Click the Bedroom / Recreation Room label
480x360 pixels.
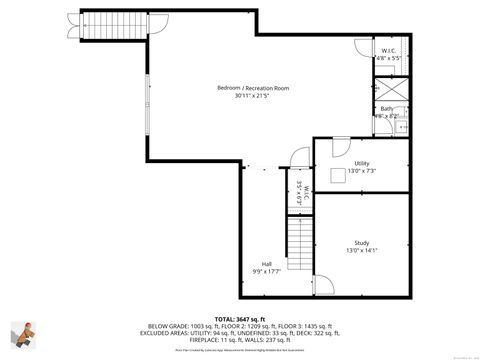(x=253, y=88)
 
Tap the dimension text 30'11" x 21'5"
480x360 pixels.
(x=253, y=96)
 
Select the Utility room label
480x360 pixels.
(x=361, y=163)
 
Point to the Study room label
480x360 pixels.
(x=361, y=243)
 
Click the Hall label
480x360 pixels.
(x=267, y=263)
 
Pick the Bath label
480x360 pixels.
(x=386, y=109)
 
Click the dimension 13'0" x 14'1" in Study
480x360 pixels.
(x=361, y=251)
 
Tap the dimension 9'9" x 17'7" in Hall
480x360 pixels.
(x=267, y=271)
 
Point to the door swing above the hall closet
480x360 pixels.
(x=297, y=160)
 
